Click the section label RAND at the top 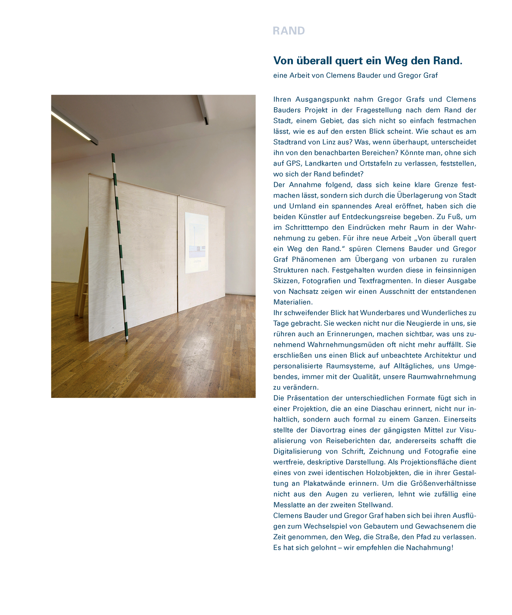(289, 31)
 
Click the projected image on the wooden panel (197, 243)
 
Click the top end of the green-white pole (113, 155)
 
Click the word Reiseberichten (351, 441)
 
